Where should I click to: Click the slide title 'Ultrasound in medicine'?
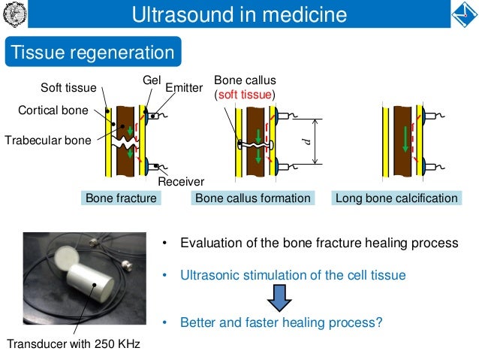pos(239,14)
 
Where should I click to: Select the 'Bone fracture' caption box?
pos(121,198)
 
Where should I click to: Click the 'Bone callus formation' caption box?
pos(252,198)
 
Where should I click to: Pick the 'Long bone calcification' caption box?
pos(396,198)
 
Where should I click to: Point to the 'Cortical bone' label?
pos(53,110)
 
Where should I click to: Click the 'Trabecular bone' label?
pos(47,139)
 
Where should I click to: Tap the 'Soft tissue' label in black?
pos(68,88)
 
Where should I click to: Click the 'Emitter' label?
pos(183,88)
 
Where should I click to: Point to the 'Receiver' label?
pos(181,181)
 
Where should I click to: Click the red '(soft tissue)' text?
pos(245,95)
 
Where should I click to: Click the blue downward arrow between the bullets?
pos(279,298)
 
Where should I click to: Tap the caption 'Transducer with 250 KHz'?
pos(74,344)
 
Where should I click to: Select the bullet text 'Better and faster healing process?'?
pos(281,323)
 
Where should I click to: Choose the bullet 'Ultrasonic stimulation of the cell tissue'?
pos(293,275)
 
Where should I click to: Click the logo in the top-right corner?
pos(464,14)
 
